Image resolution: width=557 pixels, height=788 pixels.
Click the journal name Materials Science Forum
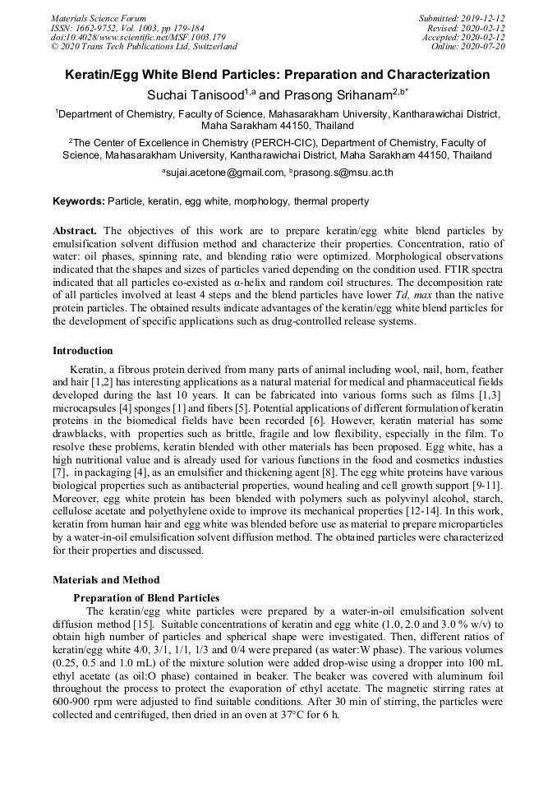point(99,17)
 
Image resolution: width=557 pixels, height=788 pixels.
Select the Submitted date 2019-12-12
point(484,17)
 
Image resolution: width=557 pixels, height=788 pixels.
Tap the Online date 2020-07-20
point(484,47)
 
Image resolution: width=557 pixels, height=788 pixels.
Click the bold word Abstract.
point(75,232)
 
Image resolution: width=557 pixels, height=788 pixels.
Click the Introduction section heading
point(83,351)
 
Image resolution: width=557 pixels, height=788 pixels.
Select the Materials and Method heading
point(106,579)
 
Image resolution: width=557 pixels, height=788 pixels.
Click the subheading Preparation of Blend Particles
point(146,597)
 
